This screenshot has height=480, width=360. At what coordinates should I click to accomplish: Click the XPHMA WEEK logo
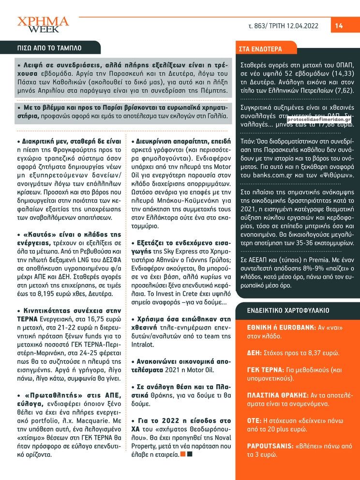[43, 25]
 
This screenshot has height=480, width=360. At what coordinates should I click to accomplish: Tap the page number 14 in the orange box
[339, 26]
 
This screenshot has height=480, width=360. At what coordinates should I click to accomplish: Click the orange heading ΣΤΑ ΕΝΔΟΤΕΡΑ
[261, 49]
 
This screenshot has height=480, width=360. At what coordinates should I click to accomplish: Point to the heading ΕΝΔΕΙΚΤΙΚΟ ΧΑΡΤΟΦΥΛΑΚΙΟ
[288, 310]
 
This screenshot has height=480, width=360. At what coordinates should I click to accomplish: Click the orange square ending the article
[182, 454]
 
